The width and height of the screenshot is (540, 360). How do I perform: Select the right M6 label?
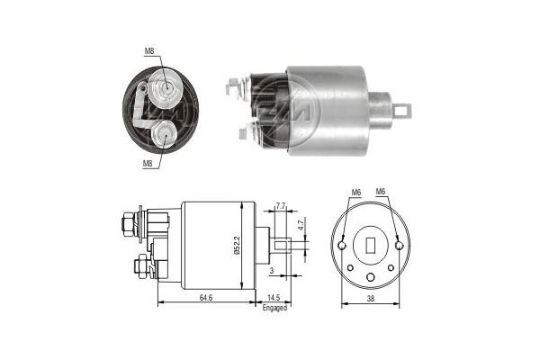click(x=381, y=192)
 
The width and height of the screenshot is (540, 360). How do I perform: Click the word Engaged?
click(x=274, y=307)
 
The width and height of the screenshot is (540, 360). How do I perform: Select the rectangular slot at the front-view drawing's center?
click(x=370, y=244)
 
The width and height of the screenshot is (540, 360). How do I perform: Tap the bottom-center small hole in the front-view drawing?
click(x=370, y=275)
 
